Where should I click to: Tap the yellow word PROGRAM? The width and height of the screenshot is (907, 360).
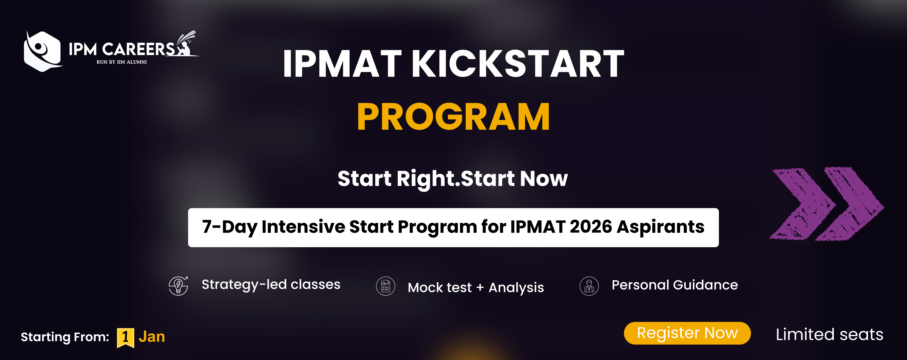pyautogui.click(x=453, y=117)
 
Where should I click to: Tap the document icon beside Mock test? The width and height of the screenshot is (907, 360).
pyautogui.click(x=386, y=286)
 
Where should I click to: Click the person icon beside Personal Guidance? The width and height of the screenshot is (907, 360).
pyautogui.click(x=589, y=286)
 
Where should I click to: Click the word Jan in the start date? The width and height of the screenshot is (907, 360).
pyautogui.click(x=152, y=337)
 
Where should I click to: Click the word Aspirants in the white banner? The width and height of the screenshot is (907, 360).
pyautogui.click(x=661, y=227)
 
